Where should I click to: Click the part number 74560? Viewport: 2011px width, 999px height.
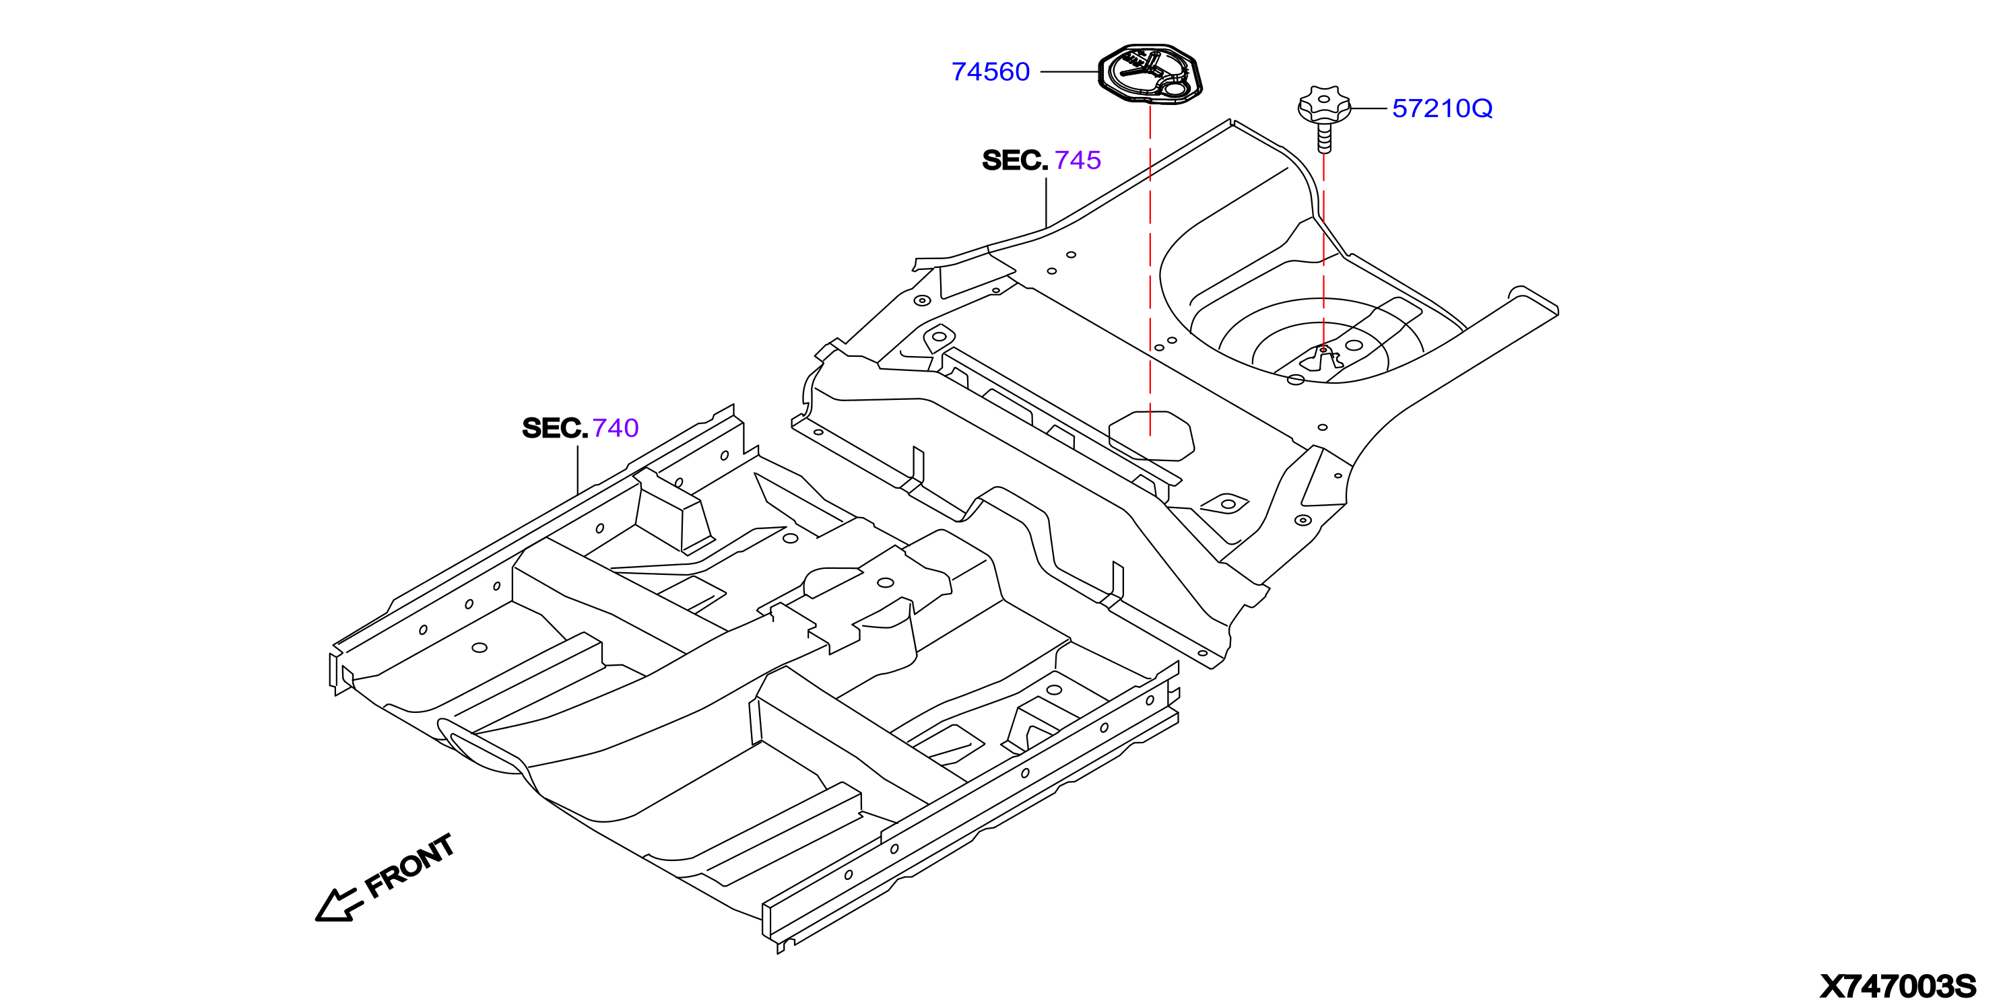[x=990, y=72]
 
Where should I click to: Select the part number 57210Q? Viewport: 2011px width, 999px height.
[x=1442, y=108]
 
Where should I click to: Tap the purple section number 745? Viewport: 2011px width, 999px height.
[x=1078, y=160]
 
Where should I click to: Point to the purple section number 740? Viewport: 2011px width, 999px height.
[x=615, y=427]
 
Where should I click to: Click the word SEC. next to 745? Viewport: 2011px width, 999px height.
[x=1015, y=160]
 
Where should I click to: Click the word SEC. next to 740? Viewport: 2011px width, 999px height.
[x=554, y=427]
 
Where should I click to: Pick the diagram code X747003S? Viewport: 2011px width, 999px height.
[x=1898, y=986]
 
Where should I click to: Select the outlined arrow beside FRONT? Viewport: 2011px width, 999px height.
[x=338, y=906]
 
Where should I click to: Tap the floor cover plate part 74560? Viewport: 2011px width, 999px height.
[x=1150, y=73]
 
